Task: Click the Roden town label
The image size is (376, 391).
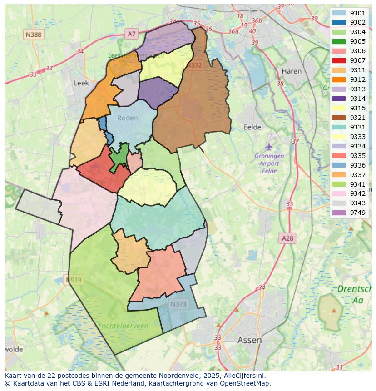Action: coord(127,118)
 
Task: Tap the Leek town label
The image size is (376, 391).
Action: coord(81,83)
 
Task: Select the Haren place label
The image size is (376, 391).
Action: coord(292,71)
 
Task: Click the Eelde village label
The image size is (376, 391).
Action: coord(253,127)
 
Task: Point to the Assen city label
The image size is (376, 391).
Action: coord(249,340)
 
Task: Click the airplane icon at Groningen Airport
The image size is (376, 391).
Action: coord(269,147)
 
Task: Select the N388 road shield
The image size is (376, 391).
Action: coord(34,34)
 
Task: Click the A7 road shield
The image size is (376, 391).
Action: coord(131,34)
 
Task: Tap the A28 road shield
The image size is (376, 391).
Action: coord(287,238)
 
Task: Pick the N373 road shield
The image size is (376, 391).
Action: coord(178,304)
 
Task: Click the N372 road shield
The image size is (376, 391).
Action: coord(194,65)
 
